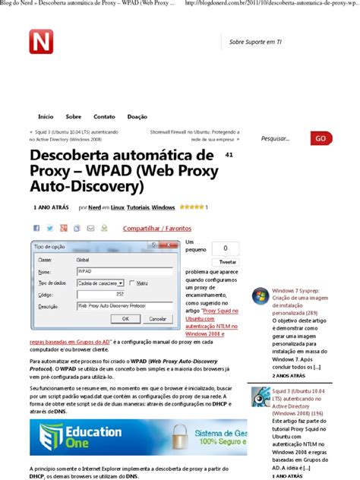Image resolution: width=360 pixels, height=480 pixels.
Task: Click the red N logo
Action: tap(41, 41)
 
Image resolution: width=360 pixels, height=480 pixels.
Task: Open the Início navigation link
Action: tap(46, 116)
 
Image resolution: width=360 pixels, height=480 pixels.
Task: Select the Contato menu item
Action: tap(104, 116)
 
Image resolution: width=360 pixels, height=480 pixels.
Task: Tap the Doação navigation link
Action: tap(137, 116)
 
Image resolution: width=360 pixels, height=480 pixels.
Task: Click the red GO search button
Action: tap(321, 138)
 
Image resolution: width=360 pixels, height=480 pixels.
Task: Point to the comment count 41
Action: tap(229, 154)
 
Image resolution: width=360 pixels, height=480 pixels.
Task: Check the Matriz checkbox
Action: tap(132, 282)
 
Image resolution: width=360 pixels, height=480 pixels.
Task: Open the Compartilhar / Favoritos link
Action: tap(157, 228)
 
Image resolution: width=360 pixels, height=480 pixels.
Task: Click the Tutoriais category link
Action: tap(138, 207)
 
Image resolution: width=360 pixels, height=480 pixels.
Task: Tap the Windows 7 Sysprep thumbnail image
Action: tap(260, 296)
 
